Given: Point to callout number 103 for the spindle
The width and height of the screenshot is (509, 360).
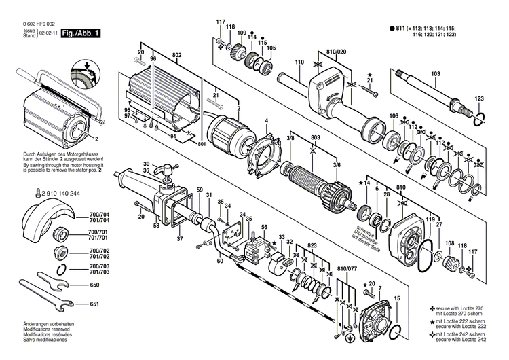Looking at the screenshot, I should click(x=435, y=73).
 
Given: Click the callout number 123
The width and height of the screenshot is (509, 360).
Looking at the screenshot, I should click(x=479, y=100).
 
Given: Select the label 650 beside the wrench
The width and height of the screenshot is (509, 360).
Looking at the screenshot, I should click(x=94, y=285).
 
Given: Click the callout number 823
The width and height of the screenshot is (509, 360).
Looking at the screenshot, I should click(x=312, y=244).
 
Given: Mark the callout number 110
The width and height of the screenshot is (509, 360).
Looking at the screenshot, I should click(x=299, y=63).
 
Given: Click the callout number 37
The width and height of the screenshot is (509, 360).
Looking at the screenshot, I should click(x=180, y=238).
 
